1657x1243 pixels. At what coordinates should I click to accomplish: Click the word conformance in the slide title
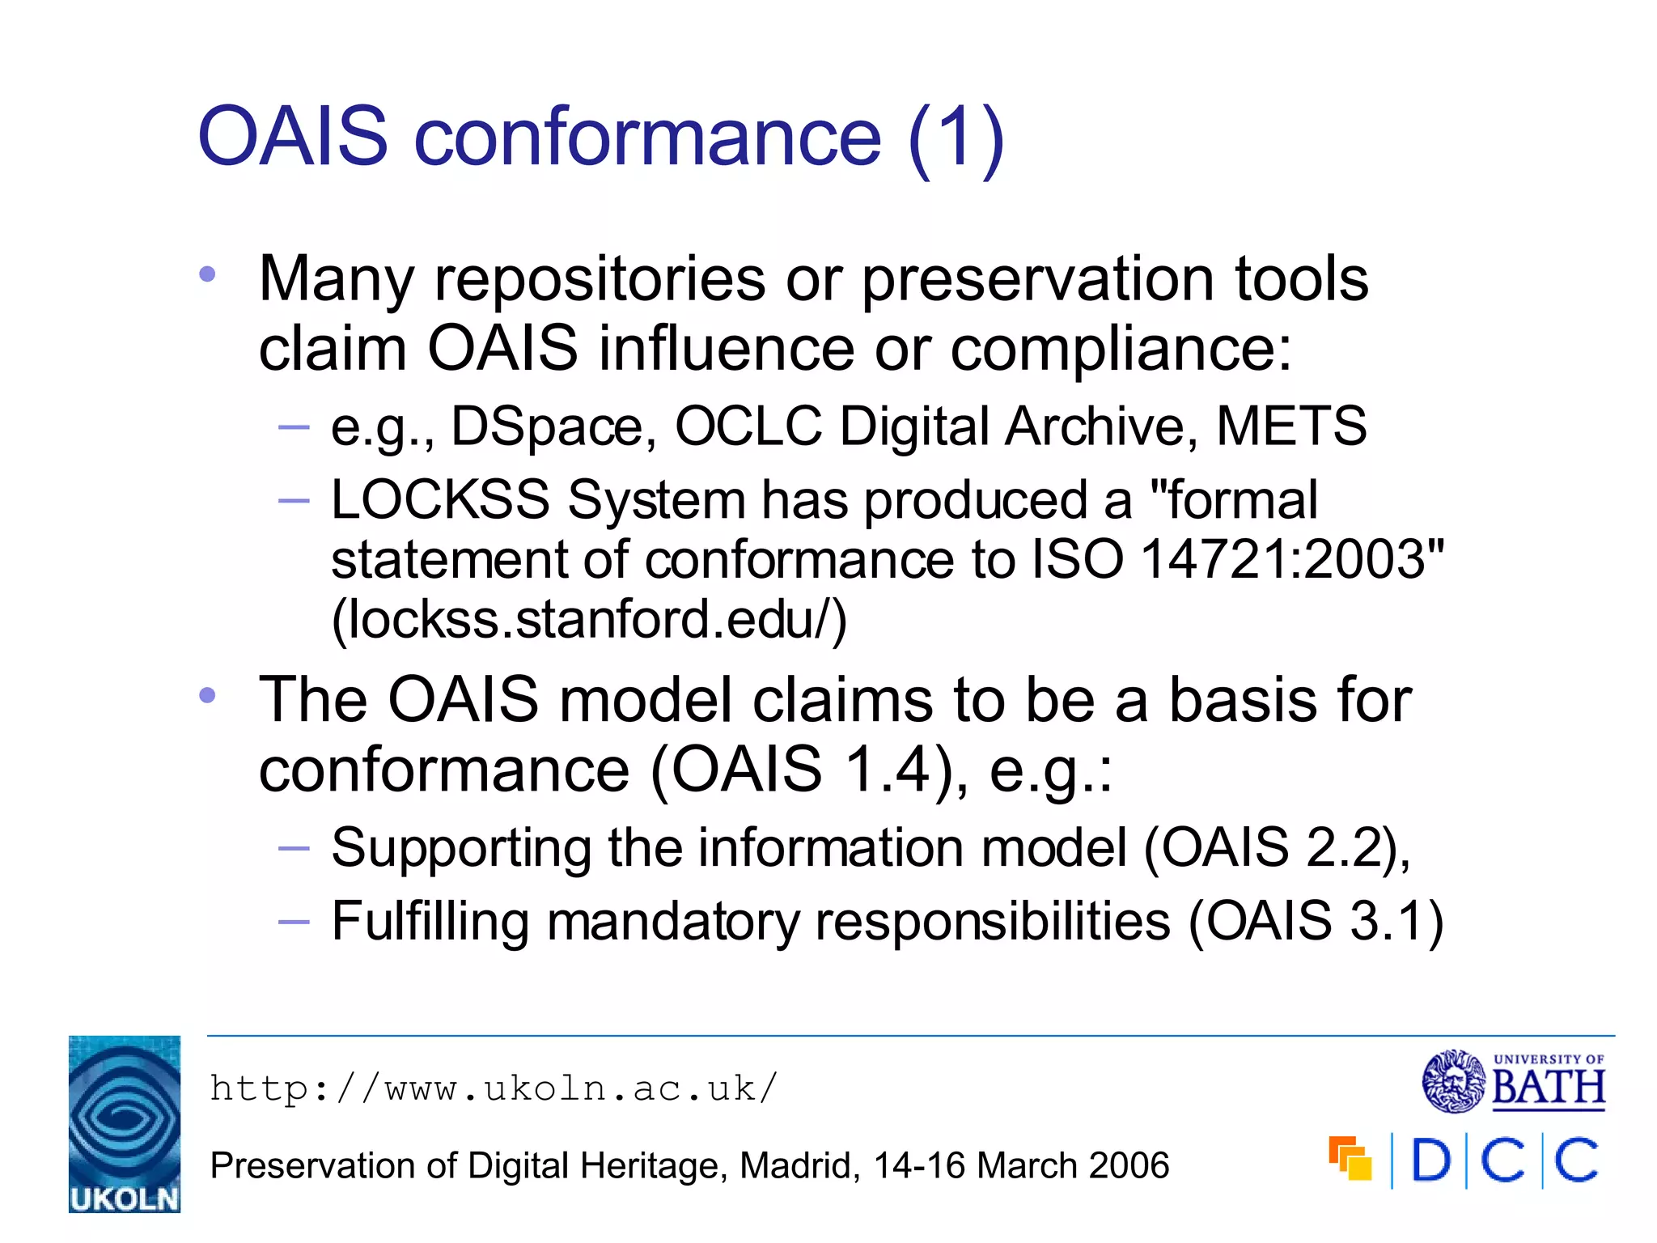647,138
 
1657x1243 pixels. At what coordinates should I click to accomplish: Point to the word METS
1291,426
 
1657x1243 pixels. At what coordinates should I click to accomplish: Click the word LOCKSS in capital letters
440,499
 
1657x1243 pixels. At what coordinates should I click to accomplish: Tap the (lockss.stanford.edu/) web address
589,620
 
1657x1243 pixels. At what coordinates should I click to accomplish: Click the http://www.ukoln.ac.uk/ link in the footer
494,1089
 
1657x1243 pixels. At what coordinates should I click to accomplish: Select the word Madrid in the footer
799,1166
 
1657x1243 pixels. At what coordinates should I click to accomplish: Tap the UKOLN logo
125,1123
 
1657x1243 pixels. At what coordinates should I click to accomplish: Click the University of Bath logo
1513,1081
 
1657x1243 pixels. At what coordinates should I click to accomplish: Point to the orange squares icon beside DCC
1350,1159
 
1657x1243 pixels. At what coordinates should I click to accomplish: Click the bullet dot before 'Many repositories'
208,275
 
